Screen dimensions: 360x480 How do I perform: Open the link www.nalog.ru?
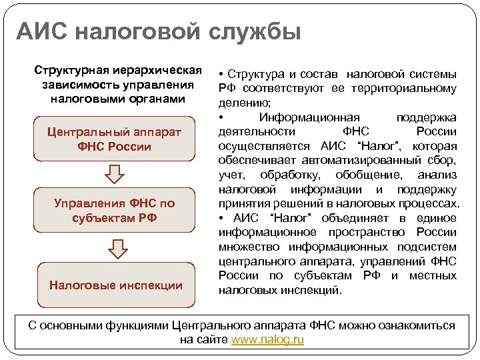[x=267, y=340]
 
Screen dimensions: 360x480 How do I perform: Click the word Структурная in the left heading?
[x=65, y=71]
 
